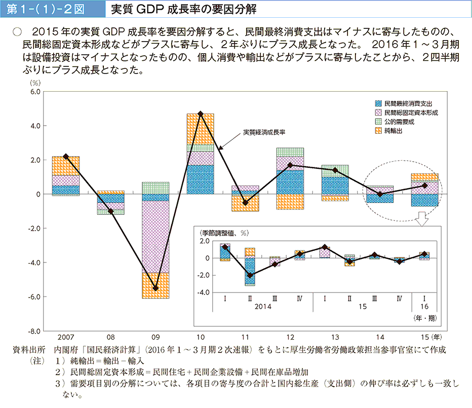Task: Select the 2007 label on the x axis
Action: pos(65,338)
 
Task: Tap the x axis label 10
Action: pos(200,338)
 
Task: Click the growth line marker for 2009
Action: pos(155,288)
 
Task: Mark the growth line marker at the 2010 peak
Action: pos(200,114)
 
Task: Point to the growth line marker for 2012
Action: pos(290,165)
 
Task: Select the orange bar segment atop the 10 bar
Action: pos(200,129)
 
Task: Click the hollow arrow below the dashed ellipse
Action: pos(422,220)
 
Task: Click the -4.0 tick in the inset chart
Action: pos(203,292)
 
